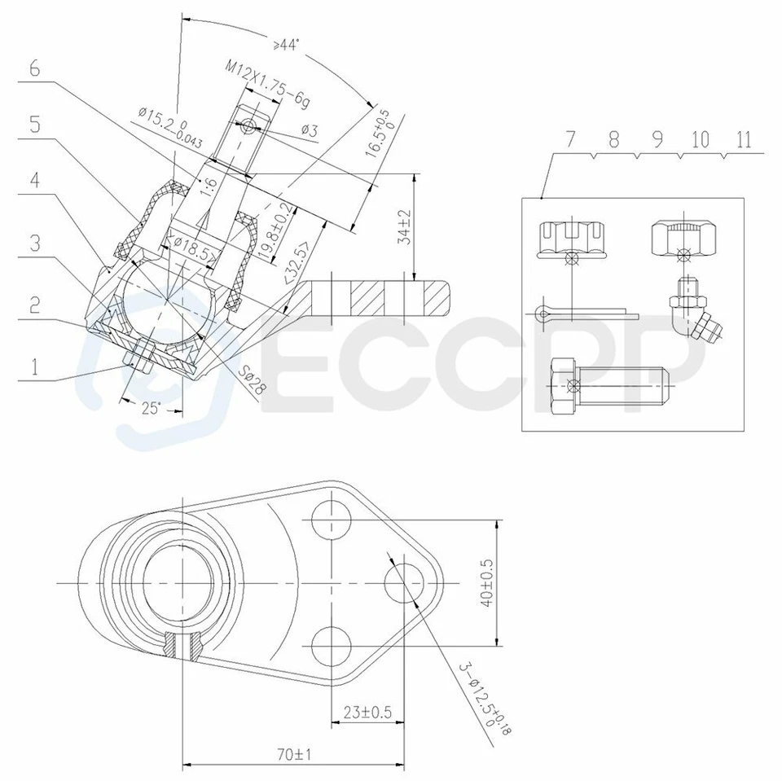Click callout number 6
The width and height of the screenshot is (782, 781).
click(x=33, y=68)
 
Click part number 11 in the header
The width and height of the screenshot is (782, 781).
click(x=742, y=138)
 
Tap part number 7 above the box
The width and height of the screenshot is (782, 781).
click(x=571, y=138)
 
